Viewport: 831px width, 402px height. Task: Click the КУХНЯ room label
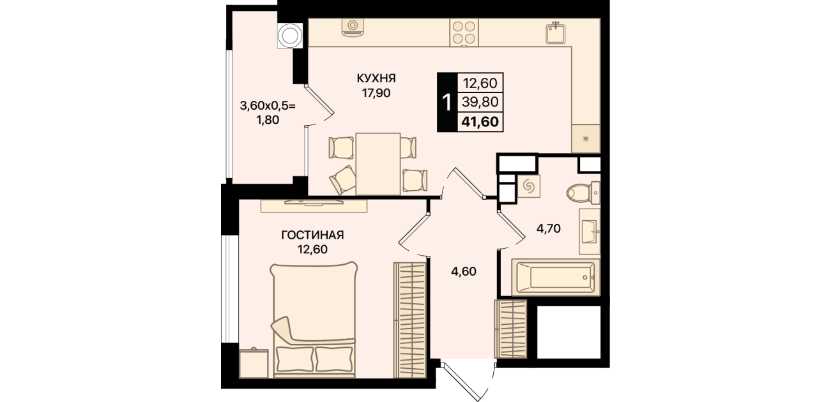point(376,78)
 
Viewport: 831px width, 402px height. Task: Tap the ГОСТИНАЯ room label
point(313,235)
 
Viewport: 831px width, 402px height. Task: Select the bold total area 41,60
point(480,121)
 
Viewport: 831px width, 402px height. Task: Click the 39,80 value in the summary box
point(480,101)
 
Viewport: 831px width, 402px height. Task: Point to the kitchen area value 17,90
point(377,93)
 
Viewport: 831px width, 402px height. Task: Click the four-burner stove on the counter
point(464,33)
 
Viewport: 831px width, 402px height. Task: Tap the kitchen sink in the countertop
point(555,33)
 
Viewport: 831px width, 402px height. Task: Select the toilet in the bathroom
point(584,193)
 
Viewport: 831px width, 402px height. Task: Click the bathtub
point(556,278)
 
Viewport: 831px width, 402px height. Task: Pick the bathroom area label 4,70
point(549,228)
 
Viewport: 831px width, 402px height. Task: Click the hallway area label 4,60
point(464,272)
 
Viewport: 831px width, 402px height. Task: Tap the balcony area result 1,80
point(268,120)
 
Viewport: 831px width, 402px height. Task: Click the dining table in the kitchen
point(378,164)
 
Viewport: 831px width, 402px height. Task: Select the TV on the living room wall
point(314,202)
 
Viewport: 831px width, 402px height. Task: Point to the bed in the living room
point(314,320)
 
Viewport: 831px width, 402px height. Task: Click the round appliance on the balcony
point(290,36)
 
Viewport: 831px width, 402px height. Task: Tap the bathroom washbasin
point(590,232)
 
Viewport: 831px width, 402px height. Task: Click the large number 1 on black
point(447,102)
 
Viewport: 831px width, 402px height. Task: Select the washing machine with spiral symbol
point(529,186)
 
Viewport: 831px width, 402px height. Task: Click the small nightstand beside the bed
point(254,363)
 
